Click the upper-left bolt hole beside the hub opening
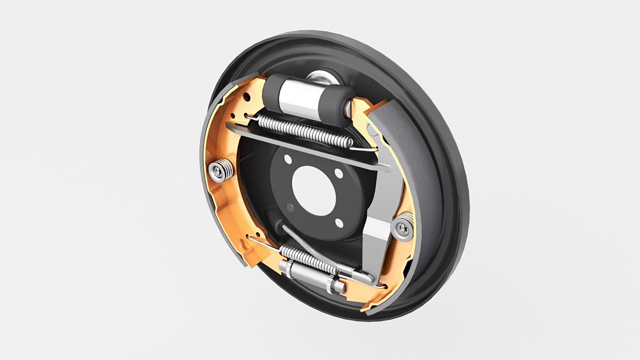coord(287,159)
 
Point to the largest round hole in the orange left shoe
coord(247,96)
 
